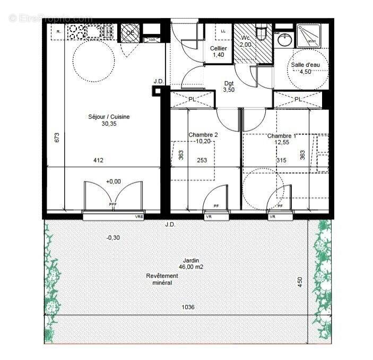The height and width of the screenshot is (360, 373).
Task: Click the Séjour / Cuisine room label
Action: pyautogui.click(x=109, y=120)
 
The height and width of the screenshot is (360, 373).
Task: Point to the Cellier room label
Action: pyautogui.click(x=220, y=52)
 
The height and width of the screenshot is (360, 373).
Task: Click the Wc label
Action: pyautogui.click(x=245, y=42)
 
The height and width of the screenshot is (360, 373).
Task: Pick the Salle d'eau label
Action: pyautogui.click(x=309, y=69)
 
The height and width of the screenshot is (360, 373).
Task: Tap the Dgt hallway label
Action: pyautogui.click(x=229, y=87)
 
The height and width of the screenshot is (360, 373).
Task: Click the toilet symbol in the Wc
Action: pyautogui.click(x=261, y=33)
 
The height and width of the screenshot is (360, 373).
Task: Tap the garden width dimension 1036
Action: pyautogui.click(x=188, y=307)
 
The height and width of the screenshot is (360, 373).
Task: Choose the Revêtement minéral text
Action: pyautogui.click(x=162, y=279)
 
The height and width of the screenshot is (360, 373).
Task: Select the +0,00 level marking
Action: pyautogui.click(x=112, y=181)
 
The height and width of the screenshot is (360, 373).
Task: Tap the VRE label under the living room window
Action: pyautogui.click(x=139, y=217)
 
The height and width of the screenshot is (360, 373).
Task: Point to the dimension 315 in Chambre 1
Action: pyautogui.click(x=281, y=160)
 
